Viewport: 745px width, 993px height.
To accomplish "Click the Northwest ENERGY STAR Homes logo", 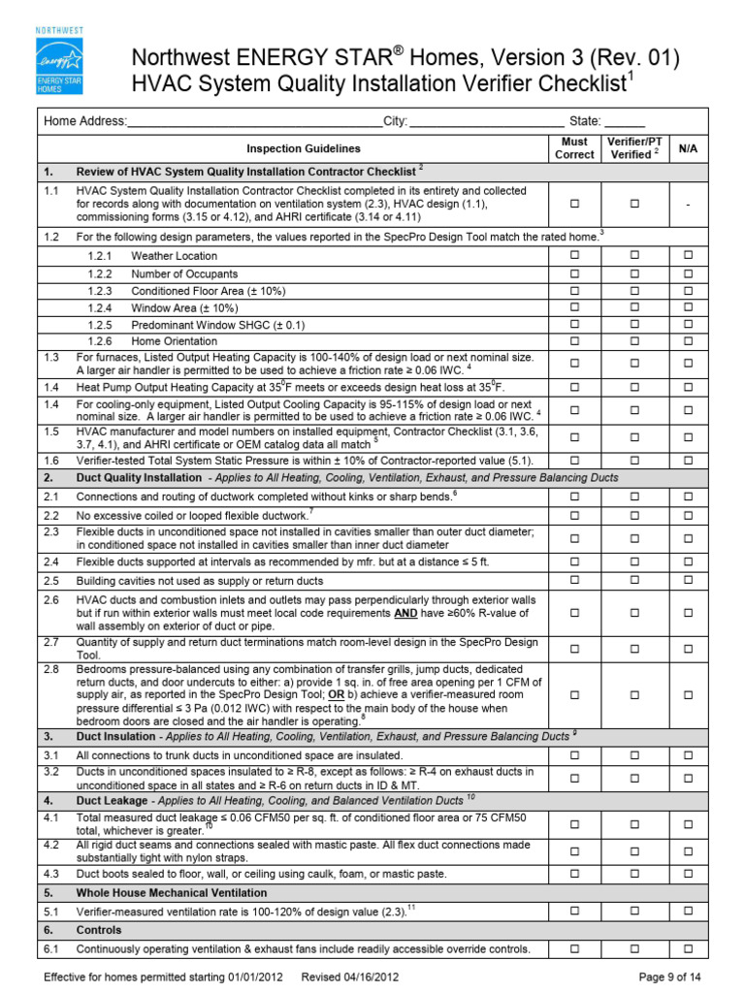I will (x=60, y=60).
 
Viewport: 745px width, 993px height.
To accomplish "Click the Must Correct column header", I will (x=574, y=148).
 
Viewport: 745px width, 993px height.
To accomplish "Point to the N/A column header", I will (x=688, y=148).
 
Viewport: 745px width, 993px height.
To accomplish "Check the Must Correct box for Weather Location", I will (x=574, y=255).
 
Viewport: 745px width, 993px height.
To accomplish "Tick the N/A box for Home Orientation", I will (x=688, y=341).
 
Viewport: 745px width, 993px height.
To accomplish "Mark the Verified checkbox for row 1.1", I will (x=634, y=205).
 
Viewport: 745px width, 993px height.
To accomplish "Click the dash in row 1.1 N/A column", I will (x=688, y=205).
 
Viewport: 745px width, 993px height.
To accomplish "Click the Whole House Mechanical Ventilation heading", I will (x=172, y=892).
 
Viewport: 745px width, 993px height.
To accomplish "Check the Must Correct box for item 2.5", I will (x=574, y=580).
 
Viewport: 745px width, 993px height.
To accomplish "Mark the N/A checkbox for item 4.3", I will (x=688, y=874).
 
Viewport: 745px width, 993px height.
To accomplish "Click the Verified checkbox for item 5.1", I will (x=634, y=911).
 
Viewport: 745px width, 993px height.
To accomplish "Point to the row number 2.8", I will (x=51, y=669).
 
